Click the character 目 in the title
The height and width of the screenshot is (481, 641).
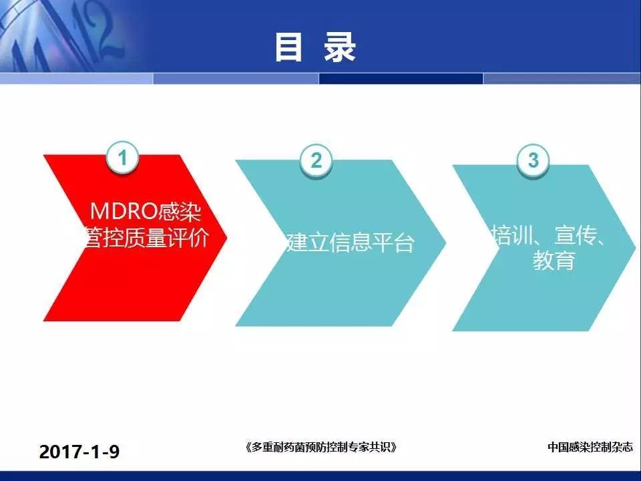[288, 47]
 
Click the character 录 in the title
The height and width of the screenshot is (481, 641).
[340, 47]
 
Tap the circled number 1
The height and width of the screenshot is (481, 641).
[122, 158]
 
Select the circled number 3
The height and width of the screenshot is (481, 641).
[533, 160]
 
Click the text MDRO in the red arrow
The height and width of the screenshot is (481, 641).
[124, 212]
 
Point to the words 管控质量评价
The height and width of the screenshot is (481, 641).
[146, 238]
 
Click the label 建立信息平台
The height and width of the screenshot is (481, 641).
[351, 242]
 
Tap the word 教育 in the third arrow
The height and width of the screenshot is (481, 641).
[554, 261]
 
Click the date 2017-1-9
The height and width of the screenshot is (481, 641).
[79, 452]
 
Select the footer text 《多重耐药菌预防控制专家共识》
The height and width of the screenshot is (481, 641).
[321, 447]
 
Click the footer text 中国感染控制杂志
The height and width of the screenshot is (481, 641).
[590, 447]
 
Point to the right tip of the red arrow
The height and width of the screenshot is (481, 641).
[227, 236]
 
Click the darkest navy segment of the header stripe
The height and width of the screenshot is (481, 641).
[401, 79]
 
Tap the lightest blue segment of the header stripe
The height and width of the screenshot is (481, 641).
[76, 79]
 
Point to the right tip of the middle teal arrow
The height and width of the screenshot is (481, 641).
[446, 243]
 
